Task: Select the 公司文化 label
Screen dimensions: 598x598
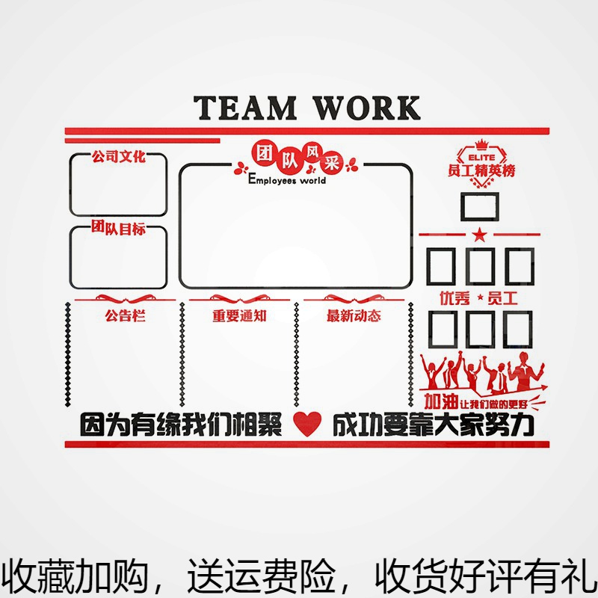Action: point(118,158)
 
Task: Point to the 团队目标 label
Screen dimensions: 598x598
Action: point(118,229)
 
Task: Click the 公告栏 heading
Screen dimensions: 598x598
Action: point(125,315)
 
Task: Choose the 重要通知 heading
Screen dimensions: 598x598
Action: point(239,315)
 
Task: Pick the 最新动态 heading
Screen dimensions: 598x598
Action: point(354,315)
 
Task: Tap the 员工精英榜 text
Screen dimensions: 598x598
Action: point(481,170)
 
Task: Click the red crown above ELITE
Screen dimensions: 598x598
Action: point(481,144)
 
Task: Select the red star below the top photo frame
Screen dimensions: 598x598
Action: point(479,235)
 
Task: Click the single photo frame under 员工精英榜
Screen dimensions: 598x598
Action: point(479,206)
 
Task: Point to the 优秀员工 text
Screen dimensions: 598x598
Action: point(479,298)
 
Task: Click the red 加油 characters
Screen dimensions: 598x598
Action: point(437,398)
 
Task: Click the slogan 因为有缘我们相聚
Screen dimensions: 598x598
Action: point(181,425)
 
